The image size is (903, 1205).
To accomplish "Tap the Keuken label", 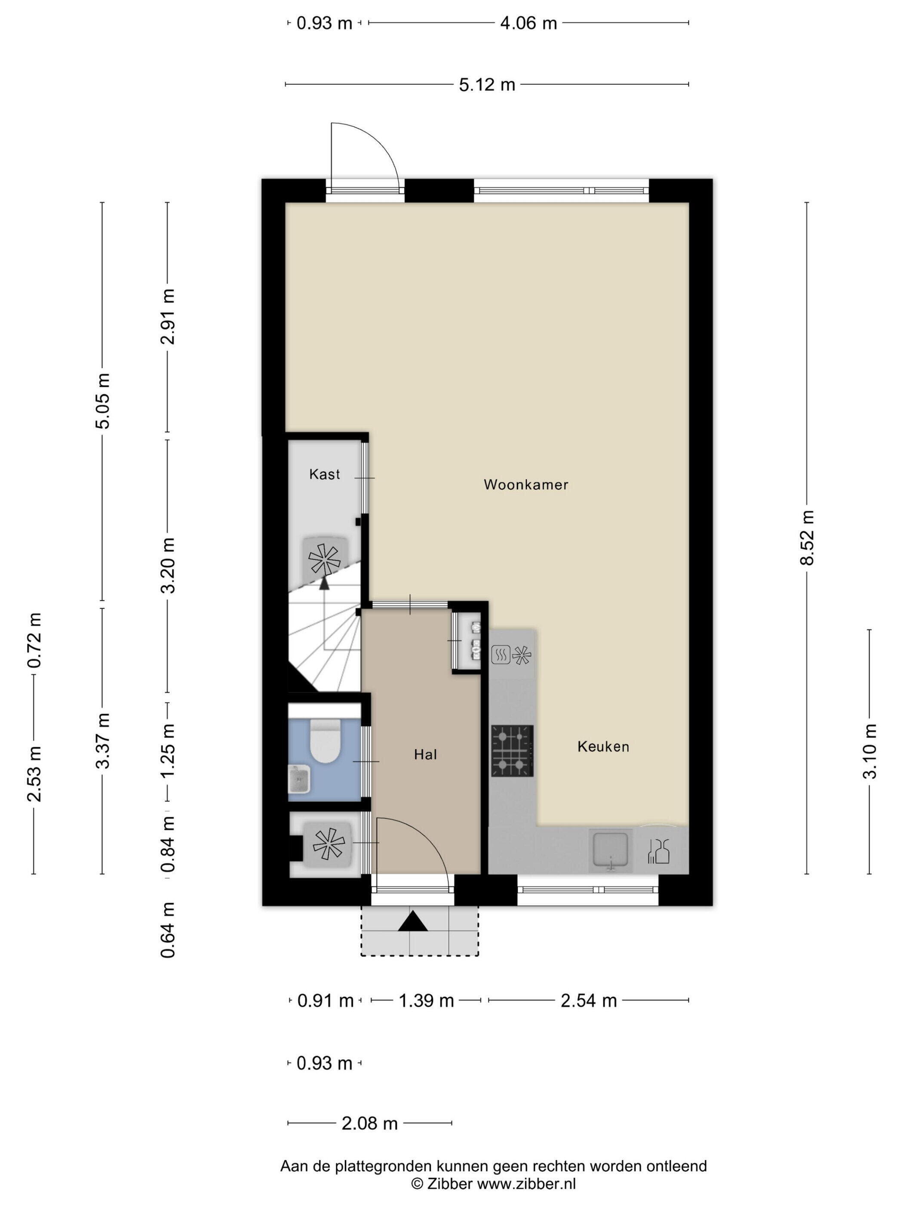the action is click(x=603, y=746).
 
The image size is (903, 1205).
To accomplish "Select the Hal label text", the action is click(x=425, y=754).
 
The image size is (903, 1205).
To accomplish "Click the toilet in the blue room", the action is click(x=324, y=742).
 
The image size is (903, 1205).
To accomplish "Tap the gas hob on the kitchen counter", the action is click(x=512, y=751).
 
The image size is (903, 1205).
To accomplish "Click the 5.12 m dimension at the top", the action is click(x=487, y=84).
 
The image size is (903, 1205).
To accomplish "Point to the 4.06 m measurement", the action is click(x=528, y=23).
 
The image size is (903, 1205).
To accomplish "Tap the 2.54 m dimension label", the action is click(x=589, y=1001).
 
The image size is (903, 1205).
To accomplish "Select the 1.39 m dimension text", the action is click(x=426, y=1001).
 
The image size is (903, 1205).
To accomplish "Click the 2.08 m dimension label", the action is click(x=369, y=1123).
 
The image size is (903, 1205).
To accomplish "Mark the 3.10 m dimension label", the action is click(x=870, y=751).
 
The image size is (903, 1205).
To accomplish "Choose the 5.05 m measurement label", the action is click(x=102, y=401).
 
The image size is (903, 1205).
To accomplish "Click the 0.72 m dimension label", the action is click(x=34, y=641).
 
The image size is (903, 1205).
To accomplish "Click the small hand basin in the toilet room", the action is click(x=299, y=779).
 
